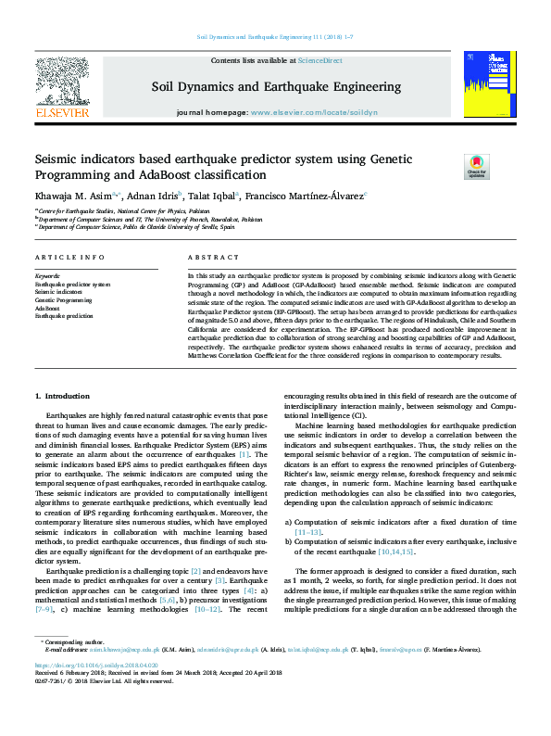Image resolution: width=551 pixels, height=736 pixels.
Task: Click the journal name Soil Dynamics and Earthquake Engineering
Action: click(275, 87)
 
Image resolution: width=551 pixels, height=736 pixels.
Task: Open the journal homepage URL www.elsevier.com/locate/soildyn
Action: click(314, 112)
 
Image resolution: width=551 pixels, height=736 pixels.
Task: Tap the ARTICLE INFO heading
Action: click(69, 257)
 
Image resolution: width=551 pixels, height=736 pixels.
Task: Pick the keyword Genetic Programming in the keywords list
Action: click(64, 301)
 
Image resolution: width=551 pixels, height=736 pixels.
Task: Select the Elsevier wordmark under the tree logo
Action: click(61, 112)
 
